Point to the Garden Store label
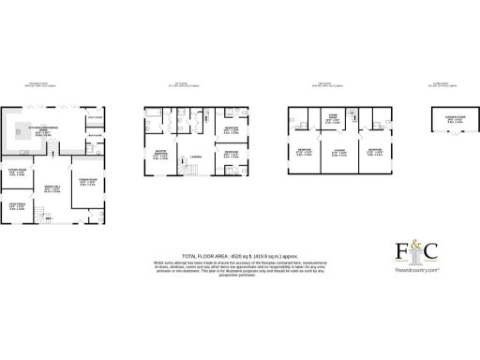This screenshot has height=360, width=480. click(x=442, y=119)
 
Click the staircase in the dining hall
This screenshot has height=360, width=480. click(x=38, y=215)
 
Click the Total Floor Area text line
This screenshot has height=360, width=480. click(x=226, y=255)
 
